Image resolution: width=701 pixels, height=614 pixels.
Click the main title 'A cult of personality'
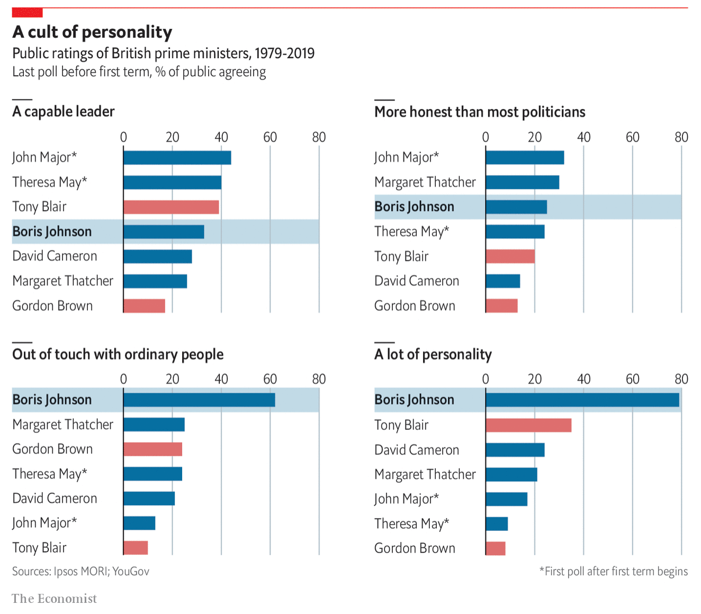pos(92,32)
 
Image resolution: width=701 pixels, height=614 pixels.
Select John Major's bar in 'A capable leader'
pos(177,158)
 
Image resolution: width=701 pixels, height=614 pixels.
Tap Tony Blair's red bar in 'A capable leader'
pos(171,207)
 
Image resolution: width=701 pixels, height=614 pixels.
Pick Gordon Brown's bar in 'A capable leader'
pos(144,306)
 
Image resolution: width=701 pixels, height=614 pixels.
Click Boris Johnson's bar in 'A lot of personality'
pos(582,400)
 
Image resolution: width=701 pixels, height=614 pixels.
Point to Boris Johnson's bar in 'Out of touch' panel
pos(199,400)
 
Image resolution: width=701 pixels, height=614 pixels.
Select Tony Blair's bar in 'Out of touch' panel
pos(136,548)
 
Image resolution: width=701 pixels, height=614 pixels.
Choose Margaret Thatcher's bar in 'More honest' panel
pos(522,182)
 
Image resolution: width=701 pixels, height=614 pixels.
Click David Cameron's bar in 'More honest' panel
pos(502,281)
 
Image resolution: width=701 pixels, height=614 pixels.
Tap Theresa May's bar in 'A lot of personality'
pos(497,524)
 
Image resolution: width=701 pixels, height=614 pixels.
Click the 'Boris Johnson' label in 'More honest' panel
pos(414,207)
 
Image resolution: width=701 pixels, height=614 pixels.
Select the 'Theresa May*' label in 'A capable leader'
pos(49,182)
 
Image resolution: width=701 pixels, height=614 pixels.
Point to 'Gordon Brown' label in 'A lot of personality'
pos(415,548)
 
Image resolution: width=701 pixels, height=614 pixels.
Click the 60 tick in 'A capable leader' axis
pos(270,138)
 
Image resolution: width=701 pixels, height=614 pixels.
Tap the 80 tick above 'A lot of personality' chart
pos(681,380)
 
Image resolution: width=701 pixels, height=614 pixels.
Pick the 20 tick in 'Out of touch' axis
pos(172,380)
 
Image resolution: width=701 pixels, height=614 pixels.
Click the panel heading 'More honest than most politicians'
pos(480,112)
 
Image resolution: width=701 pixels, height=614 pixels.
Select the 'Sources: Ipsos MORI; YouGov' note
pos(80,572)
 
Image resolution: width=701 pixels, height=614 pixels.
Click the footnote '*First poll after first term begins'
pos(613,572)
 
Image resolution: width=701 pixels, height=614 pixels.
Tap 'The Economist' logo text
pos(54,599)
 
